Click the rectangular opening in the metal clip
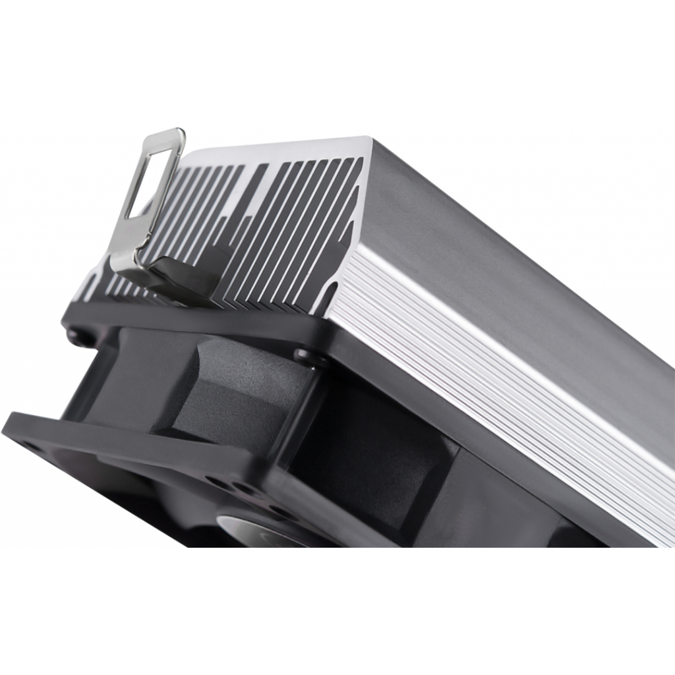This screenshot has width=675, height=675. point(150,178)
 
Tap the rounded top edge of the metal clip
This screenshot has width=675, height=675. point(165,133)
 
